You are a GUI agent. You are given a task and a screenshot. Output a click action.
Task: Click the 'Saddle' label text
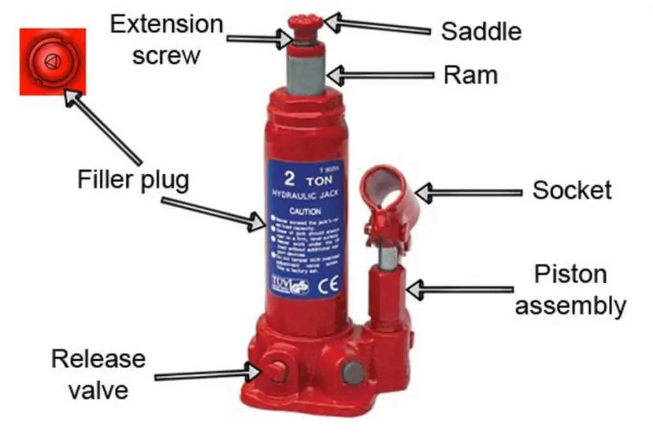point(481,31)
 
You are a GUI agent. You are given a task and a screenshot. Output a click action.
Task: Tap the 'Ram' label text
point(470,75)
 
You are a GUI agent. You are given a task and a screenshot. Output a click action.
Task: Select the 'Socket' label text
point(571,190)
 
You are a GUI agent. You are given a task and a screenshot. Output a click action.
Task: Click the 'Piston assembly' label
point(570,290)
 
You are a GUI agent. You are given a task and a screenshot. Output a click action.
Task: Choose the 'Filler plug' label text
point(133,179)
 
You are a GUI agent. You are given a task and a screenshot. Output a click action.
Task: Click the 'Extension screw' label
point(166,39)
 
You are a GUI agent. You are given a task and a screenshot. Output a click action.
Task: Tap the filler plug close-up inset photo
point(52,61)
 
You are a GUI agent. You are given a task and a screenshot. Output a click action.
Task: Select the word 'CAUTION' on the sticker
point(300,210)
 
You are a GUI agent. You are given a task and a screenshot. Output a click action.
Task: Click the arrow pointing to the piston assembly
point(459,290)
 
